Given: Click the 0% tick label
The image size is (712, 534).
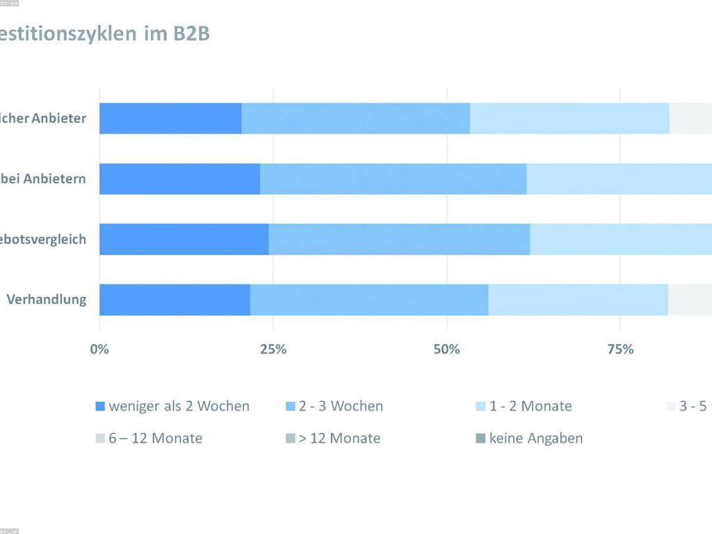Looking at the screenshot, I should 99,349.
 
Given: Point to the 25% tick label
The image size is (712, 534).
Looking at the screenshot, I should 273,349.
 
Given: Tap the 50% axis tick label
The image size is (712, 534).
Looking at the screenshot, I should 446,349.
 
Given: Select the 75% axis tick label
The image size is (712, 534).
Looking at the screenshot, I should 620,349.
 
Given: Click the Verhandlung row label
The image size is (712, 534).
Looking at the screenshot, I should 47,300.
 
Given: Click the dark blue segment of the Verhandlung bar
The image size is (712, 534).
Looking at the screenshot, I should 175,300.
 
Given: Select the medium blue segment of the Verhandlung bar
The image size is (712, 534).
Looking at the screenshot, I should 369,300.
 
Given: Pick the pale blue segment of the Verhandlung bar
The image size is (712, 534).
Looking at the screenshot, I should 578,300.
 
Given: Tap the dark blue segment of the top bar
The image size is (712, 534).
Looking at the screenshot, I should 170,118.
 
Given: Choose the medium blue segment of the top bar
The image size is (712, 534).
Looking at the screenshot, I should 355,118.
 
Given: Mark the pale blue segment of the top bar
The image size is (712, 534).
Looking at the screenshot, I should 569,118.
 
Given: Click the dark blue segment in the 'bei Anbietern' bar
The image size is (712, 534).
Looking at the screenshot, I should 179,179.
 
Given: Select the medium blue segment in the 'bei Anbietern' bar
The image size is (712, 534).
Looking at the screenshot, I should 393,179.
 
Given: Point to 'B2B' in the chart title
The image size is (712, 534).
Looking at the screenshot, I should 191,33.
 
